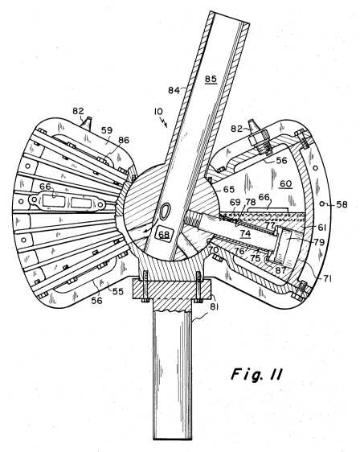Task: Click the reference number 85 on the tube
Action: click(x=211, y=79)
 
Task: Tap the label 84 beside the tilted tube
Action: click(x=174, y=91)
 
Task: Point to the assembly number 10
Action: click(x=158, y=112)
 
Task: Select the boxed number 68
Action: click(x=164, y=235)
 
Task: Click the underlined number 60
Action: click(x=286, y=183)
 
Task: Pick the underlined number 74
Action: click(x=245, y=233)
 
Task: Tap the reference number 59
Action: click(x=107, y=130)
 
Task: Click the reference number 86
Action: click(x=124, y=141)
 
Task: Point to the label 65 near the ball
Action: click(x=229, y=189)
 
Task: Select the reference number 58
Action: click(x=342, y=204)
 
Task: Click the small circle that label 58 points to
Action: click(x=322, y=203)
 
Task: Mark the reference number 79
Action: click(x=319, y=242)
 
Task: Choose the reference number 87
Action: click(x=280, y=270)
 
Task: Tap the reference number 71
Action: click(x=326, y=278)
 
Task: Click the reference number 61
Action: click(x=321, y=228)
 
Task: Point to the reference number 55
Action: click(x=118, y=291)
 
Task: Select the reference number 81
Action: click(x=214, y=307)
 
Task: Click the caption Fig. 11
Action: click(x=256, y=375)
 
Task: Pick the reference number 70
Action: click(x=214, y=249)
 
